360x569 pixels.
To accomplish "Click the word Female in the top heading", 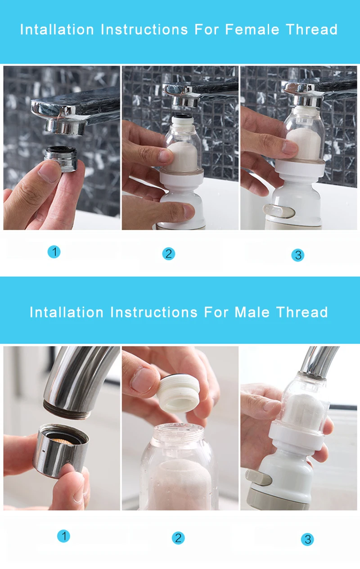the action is [x=252, y=29].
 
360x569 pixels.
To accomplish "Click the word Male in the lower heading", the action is [x=252, y=312].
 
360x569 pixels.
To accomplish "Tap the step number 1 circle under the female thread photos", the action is [x=54, y=252].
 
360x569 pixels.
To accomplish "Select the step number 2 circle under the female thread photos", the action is [x=169, y=254].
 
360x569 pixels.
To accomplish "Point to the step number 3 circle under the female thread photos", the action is [x=298, y=255].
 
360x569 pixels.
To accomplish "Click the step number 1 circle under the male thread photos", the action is [x=63, y=536].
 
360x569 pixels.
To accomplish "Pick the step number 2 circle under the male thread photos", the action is [x=178, y=538].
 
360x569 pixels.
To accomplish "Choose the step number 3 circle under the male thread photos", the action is [x=307, y=539].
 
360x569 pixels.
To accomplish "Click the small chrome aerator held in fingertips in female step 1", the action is [x=61, y=158].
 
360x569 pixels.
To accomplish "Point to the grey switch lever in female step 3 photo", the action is [x=279, y=212].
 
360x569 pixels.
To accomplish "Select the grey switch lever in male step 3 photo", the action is [x=259, y=477].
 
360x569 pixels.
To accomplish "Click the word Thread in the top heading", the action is [x=312, y=29].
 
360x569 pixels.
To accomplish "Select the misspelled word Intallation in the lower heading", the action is [x=67, y=312].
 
